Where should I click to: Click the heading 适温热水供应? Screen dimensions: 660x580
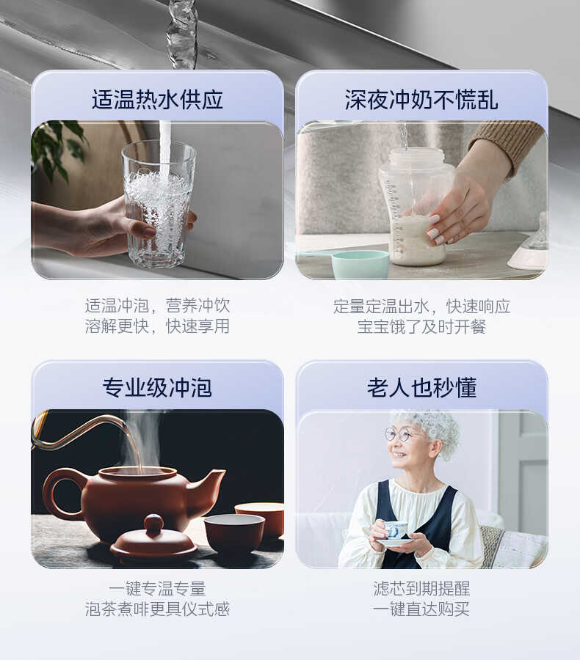(x=157, y=100)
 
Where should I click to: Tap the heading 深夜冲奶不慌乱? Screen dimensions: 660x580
(x=421, y=100)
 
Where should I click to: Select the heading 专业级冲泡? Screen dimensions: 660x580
(x=157, y=387)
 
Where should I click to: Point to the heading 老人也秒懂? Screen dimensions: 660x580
(x=421, y=387)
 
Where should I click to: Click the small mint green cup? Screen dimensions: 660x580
(x=360, y=264)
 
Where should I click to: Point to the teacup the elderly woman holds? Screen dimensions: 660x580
(x=396, y=530)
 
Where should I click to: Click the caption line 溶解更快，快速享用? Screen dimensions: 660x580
(x=157, y=326)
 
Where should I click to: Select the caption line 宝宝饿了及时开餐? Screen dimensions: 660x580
(x=421, y=326)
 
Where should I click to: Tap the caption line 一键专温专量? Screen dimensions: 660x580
(x=157, y=589)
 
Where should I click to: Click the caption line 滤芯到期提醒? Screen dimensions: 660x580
(x=421, y=589)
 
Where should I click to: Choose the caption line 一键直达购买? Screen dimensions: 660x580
(x=421, y=609)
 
